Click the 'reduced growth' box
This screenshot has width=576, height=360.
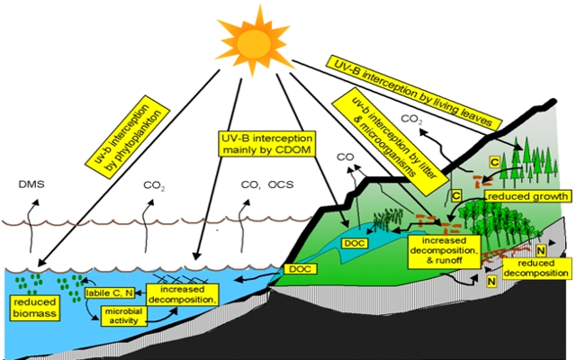(x=528, y=195)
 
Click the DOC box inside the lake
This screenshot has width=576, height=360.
(x=354, y=241)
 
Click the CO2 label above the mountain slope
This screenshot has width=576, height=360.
(x=410, y=120)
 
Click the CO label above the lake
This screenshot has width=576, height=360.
(x=344, y=158)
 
